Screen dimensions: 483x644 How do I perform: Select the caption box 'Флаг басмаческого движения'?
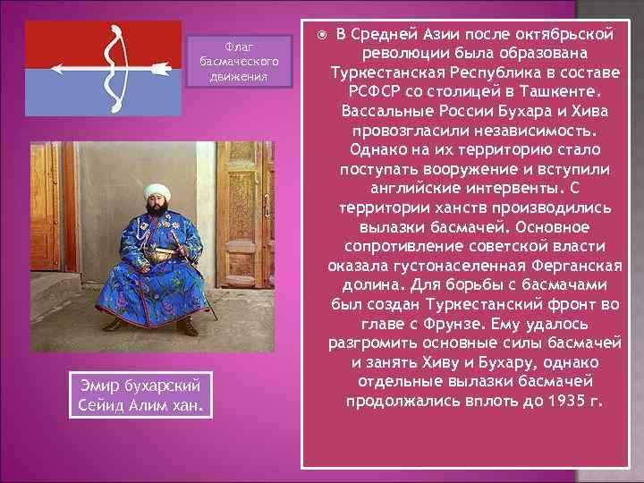click(x=240, y=61)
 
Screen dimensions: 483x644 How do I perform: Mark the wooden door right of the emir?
click(x=256, y=224)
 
